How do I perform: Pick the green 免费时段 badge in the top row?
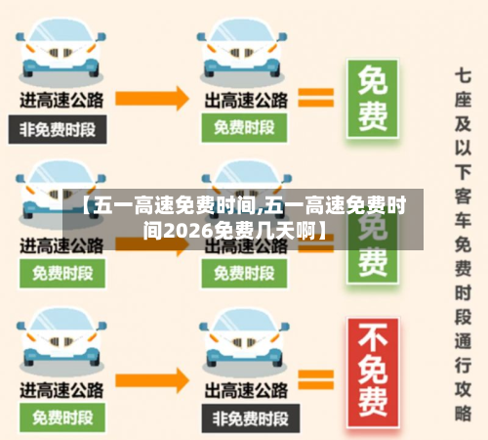244,127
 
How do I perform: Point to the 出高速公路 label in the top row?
245,99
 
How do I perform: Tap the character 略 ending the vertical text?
463,415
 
